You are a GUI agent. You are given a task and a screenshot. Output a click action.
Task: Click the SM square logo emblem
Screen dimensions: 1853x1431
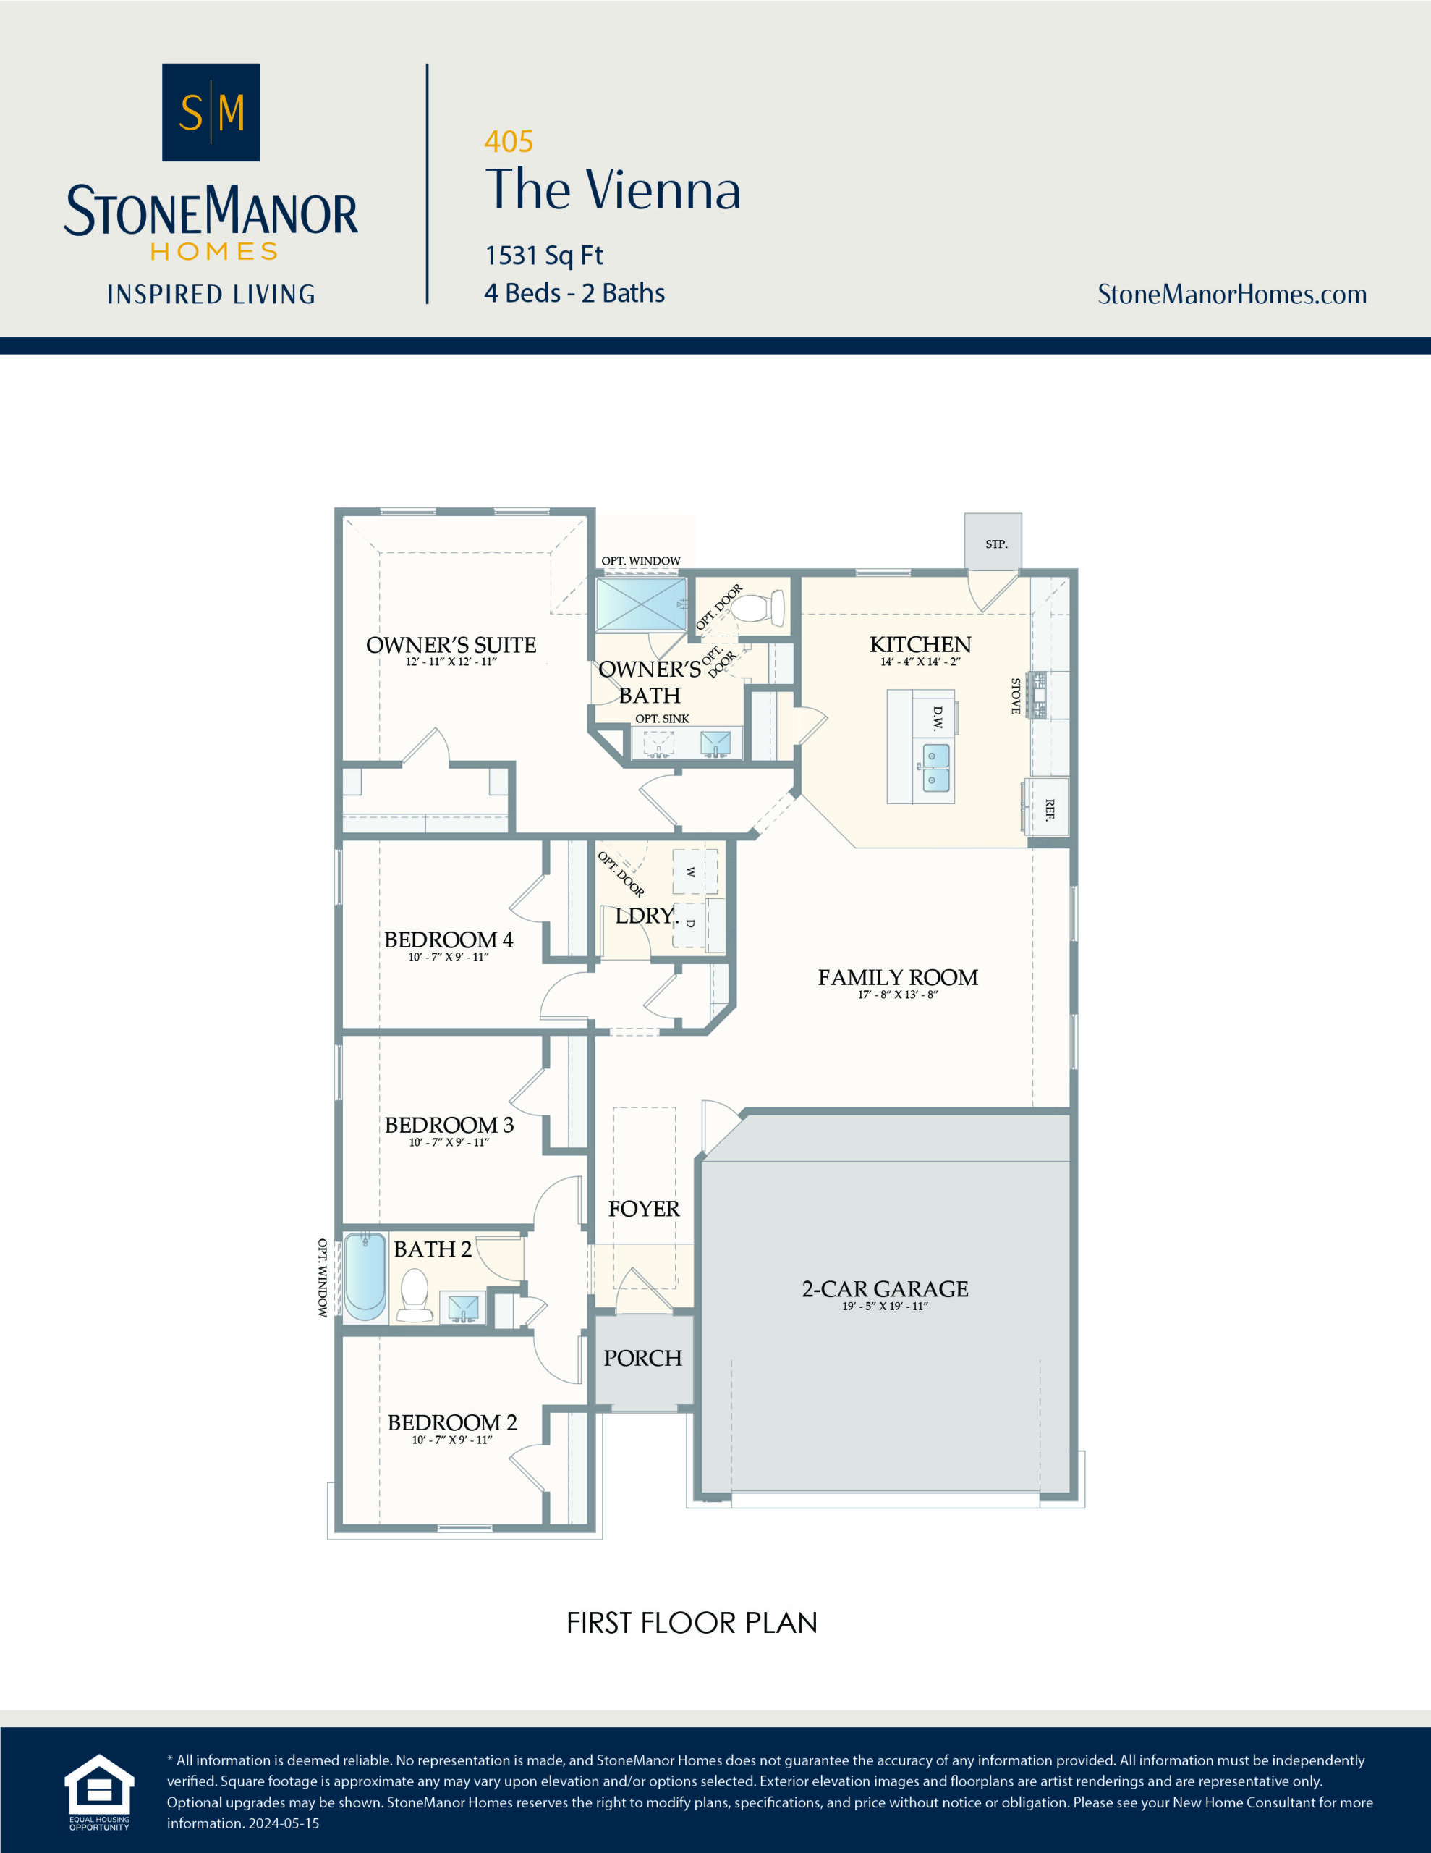tap(211, 112)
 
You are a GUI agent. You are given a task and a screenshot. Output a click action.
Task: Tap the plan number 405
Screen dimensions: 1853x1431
tap(508, 141)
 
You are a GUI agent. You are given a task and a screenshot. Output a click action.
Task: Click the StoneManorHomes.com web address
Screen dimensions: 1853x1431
tap(1231, 294)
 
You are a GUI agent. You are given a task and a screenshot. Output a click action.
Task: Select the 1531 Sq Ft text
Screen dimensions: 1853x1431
tap(544, 255)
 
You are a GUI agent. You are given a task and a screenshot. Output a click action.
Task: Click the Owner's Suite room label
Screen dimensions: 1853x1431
tap(451, 645)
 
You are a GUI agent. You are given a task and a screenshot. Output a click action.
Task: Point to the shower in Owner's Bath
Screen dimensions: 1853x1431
tap(640, 604)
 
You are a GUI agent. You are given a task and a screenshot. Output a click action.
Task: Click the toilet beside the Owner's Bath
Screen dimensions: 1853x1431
tap(757, 608)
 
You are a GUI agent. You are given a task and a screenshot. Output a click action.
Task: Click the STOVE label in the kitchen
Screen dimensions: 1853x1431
tap(1015, 696)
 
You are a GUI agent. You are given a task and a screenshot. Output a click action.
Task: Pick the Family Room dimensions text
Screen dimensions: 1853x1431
tap(898, 995)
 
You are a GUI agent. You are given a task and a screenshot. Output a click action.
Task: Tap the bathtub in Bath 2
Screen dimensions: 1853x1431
tap(365, 1276)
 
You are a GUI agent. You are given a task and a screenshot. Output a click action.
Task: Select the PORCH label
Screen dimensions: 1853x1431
tap(642, 1359)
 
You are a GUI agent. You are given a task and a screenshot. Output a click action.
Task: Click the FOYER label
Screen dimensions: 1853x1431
tap(643, 1208)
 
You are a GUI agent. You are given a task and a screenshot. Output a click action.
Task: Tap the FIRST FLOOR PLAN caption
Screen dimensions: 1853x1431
tap(692, 1622)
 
